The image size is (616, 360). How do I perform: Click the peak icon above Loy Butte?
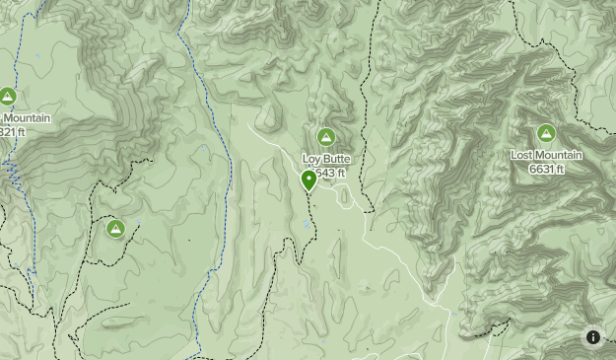(x=325, y=136)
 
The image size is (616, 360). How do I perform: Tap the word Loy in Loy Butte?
(x=311, y=159)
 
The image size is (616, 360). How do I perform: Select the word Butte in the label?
(x=336, y=159)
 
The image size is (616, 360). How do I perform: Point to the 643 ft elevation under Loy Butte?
(x=333, y=173)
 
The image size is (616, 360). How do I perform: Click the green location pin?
(x=308, y=179)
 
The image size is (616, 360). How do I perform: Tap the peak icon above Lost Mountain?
(x=546, y=133)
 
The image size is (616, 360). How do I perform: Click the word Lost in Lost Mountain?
(x=521, y=156)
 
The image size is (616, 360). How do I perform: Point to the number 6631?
(x=540, y=169)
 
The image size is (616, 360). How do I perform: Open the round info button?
(x=593, y=337)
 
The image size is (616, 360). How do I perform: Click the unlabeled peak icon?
(x=115, y=229)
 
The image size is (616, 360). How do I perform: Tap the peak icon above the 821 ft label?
(x=7, y=97)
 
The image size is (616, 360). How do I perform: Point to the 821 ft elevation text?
(x=12, y=131)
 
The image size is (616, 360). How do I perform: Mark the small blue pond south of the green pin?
(x=308, y=225)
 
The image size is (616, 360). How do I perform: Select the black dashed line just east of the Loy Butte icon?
(x=359, y=138)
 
